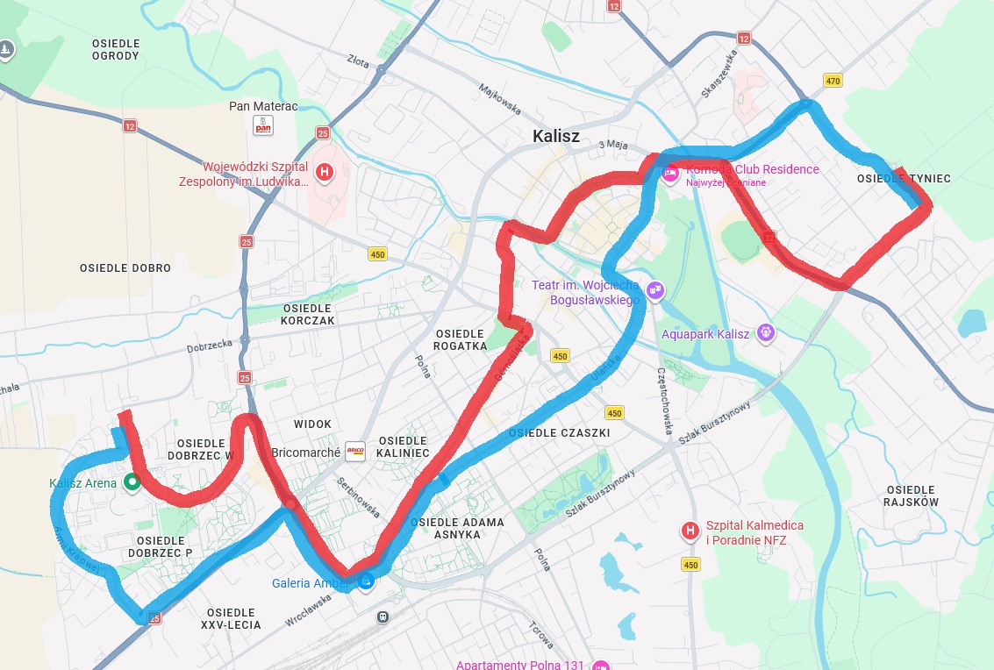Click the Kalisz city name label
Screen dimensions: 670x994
[x=556, y=136]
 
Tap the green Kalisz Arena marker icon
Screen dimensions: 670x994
[x=132, y=481]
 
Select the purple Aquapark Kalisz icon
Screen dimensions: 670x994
[x=766, y=332]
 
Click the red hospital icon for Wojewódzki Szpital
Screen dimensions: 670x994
[x=325, y=172]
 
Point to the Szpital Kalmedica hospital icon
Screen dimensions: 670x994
[x=690, y=531]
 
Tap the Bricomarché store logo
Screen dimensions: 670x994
[x=355, y=452]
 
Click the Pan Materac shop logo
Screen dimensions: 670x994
[x=263, y=125]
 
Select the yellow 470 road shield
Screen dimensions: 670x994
[x=833, y=81]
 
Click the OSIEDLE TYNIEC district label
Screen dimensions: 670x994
[x=904, y=179]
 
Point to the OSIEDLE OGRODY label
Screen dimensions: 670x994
[x=116, y=49]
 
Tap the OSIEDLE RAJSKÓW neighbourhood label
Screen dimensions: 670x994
[x=912, y=495]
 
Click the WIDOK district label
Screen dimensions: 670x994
[x=312, y=424]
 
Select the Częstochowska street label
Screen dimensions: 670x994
[x=664, y=400]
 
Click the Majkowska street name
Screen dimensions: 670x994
[x=500, y=99]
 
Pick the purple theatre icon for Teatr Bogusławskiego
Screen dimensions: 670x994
[x=654, y=290]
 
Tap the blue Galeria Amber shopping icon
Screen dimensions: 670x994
[x=366, y=581]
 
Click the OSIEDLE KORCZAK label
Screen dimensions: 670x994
[x=308, y=315]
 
